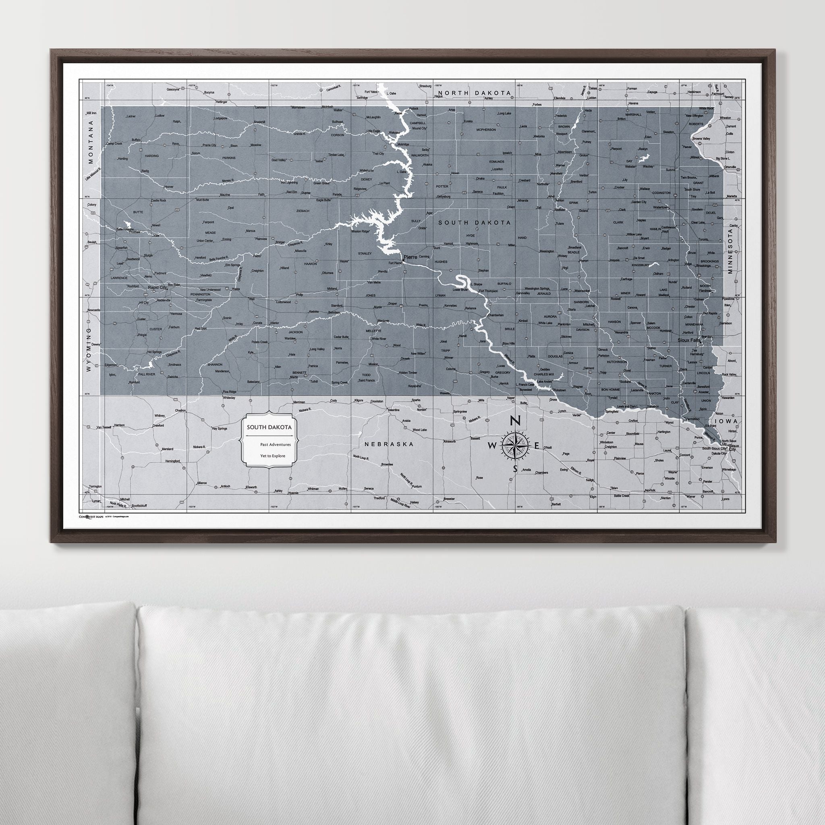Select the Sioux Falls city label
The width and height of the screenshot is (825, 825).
pos(690,340)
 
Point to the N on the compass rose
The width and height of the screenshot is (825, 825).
pos(515,421)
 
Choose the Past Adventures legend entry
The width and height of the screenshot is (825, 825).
pos(275,445)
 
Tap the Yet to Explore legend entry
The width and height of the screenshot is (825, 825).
pos(272,456)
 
